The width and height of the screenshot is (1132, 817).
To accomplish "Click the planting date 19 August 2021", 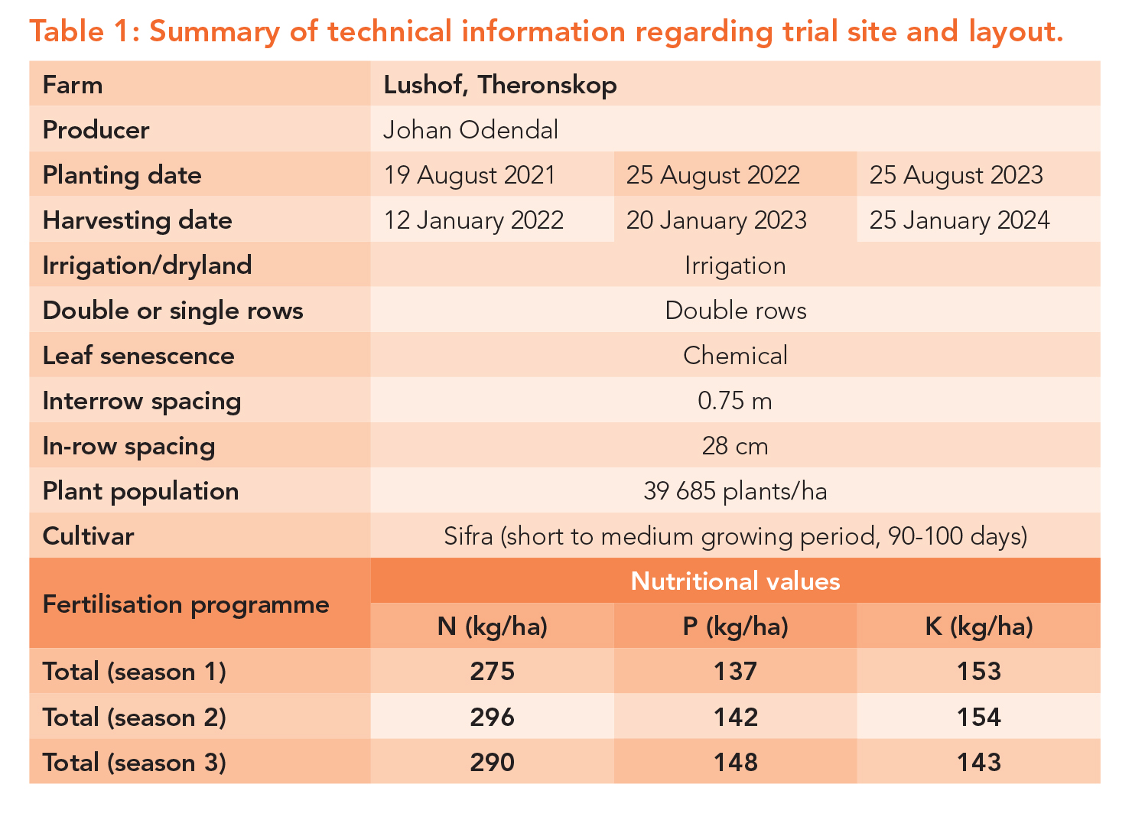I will click(470, 175).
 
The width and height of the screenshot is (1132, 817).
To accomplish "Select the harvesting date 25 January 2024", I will click(959, 220).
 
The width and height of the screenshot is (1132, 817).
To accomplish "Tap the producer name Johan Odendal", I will click(470, 130).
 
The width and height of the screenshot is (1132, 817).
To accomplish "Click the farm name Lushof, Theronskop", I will click(500, 85).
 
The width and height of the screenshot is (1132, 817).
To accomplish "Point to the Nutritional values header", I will click(735, 581).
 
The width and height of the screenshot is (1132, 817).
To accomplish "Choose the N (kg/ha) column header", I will click(493, 627).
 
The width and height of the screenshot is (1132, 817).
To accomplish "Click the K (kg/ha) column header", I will click(979, 627).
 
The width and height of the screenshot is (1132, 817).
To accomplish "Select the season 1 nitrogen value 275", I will click(493, 672).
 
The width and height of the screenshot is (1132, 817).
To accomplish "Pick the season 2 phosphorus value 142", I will click(736, 717).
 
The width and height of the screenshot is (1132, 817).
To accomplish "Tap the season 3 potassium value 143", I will click(979, 762).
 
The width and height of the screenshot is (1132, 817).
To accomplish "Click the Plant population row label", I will click(141, 491).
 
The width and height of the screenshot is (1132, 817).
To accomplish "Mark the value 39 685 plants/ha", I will click(735, 491).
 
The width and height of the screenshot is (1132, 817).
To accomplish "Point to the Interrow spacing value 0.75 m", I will click(735, 401).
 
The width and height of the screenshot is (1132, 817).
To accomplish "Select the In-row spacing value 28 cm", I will click(735, 446).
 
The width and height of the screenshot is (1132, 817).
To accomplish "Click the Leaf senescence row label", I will click(138, 356).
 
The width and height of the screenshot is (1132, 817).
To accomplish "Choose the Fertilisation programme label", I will click(186, 604).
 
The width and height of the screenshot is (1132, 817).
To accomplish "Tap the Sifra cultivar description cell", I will click(735, 536).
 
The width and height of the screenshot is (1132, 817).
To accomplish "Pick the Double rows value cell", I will click(735, 311).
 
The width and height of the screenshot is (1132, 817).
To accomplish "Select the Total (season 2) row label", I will click(135, 718).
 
